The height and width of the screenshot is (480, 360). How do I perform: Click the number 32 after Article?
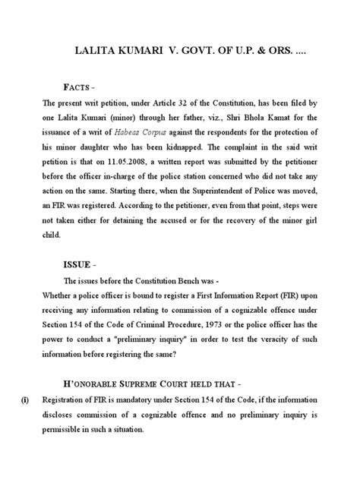pos(202,103)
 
